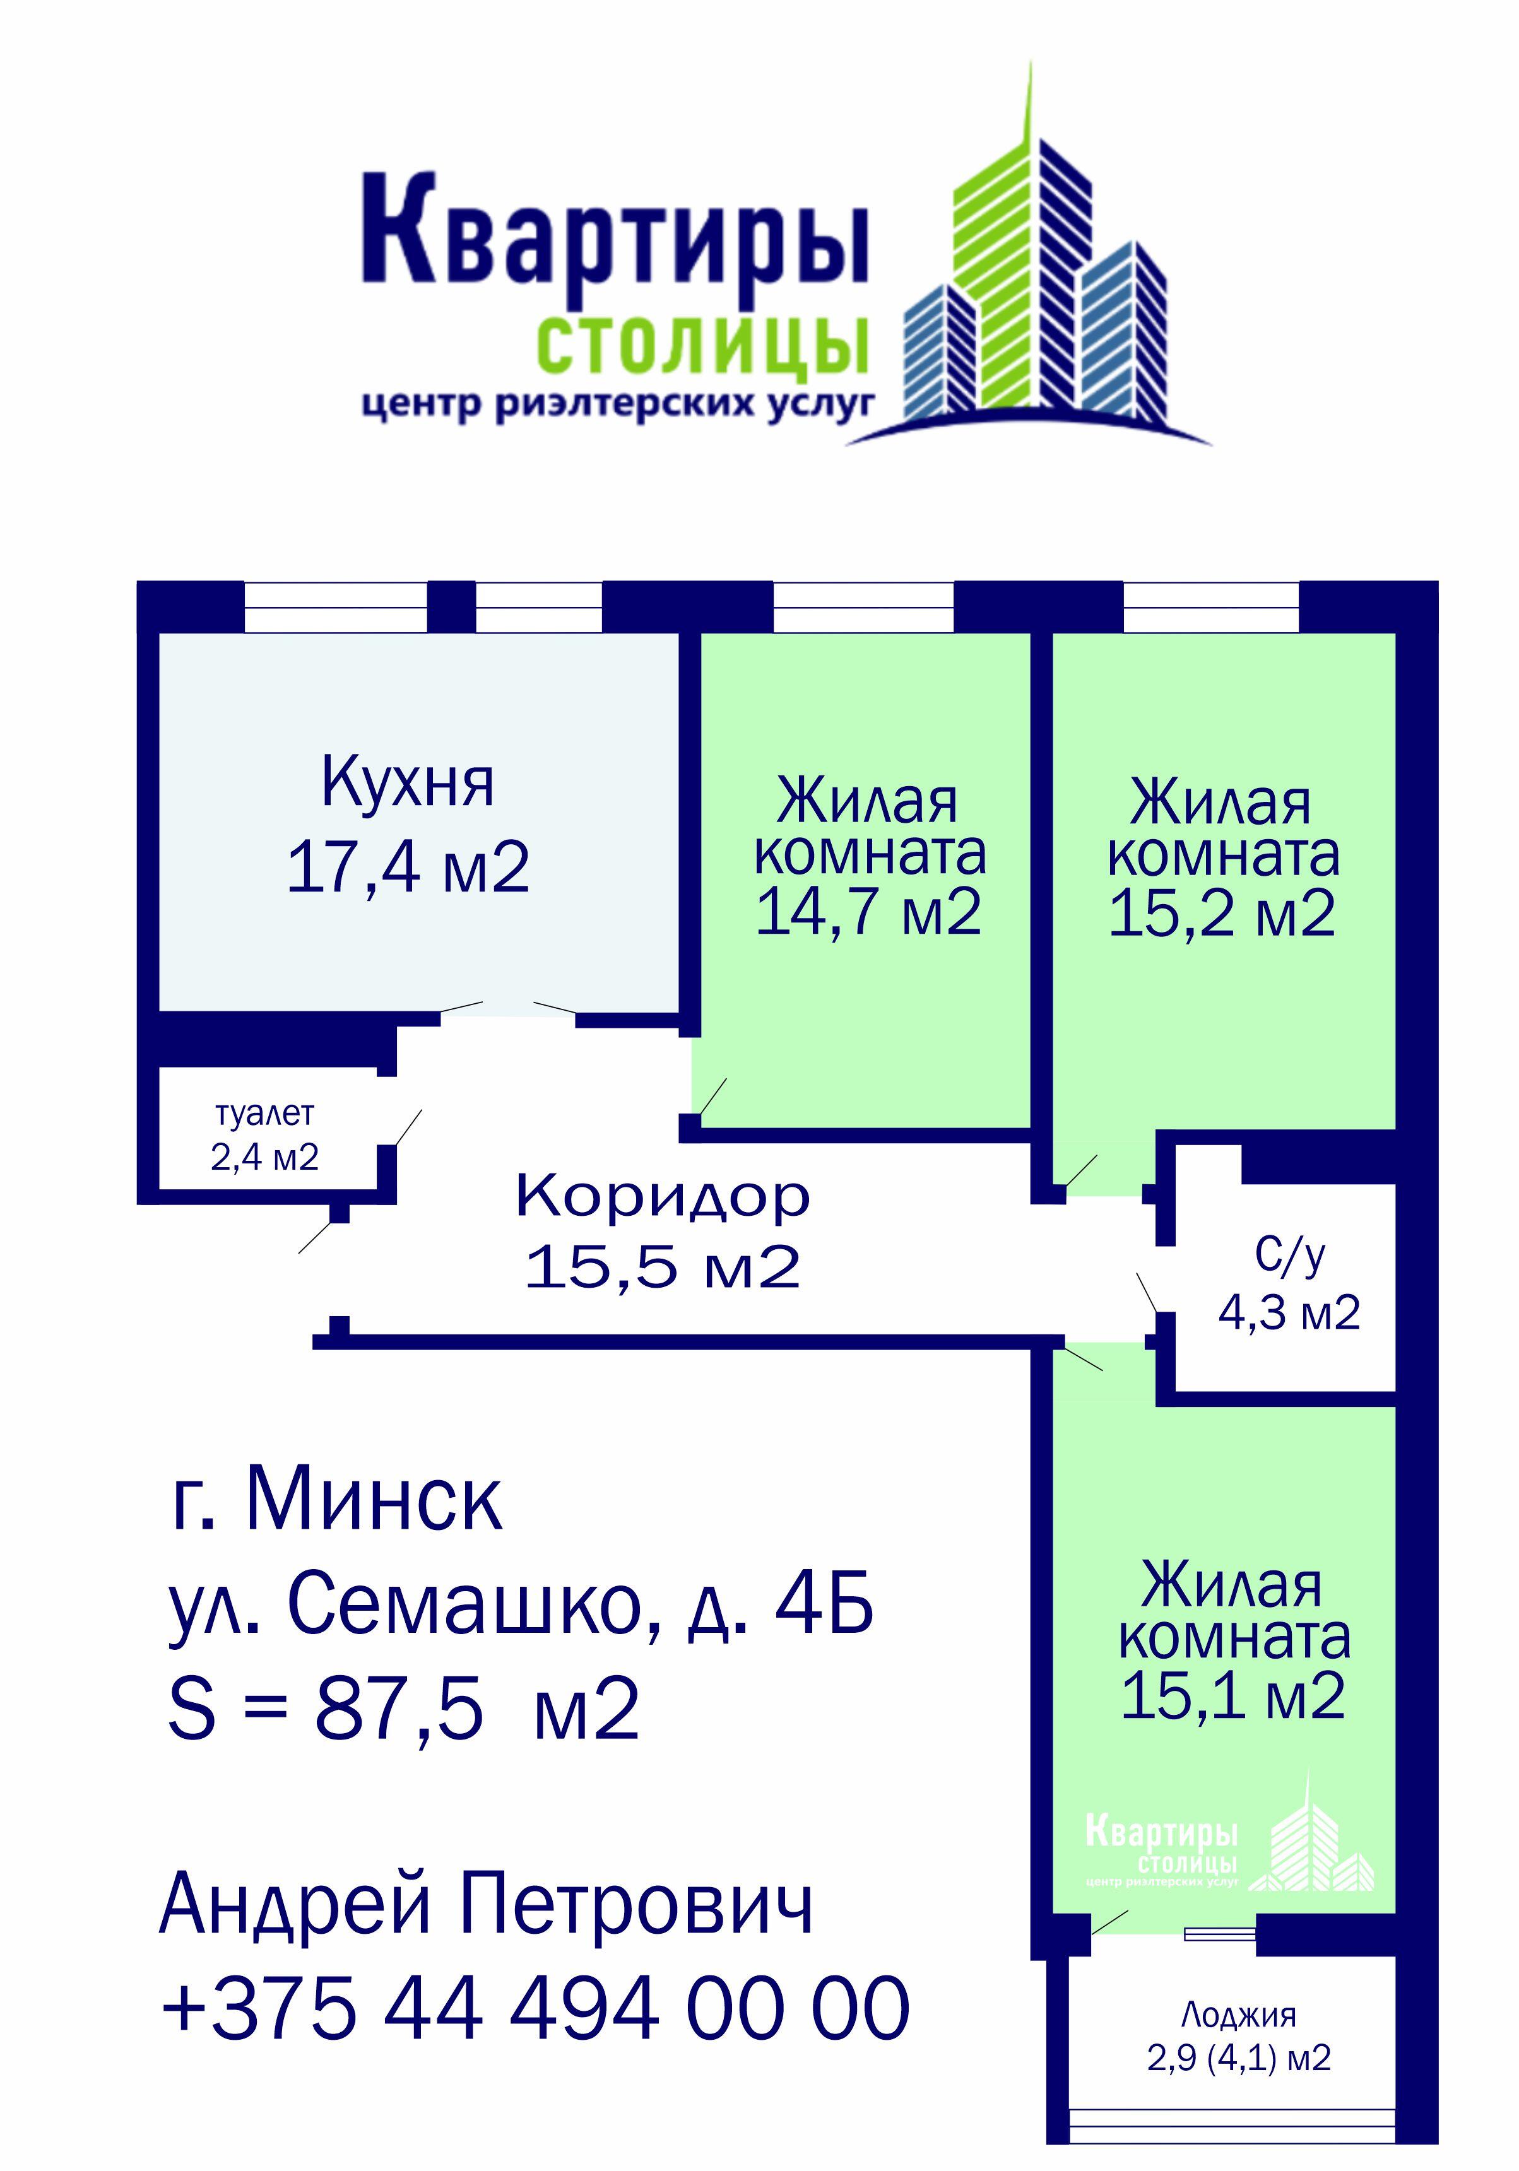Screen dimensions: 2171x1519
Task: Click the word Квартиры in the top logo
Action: tap(615, 230)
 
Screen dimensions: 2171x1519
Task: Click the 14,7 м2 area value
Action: tap(868, 912)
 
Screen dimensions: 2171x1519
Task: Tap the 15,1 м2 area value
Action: tap(1232, 1695)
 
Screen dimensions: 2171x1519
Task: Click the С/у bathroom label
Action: tap(1290, 1255)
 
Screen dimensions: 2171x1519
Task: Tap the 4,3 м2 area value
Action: tap(1289, 1312)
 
